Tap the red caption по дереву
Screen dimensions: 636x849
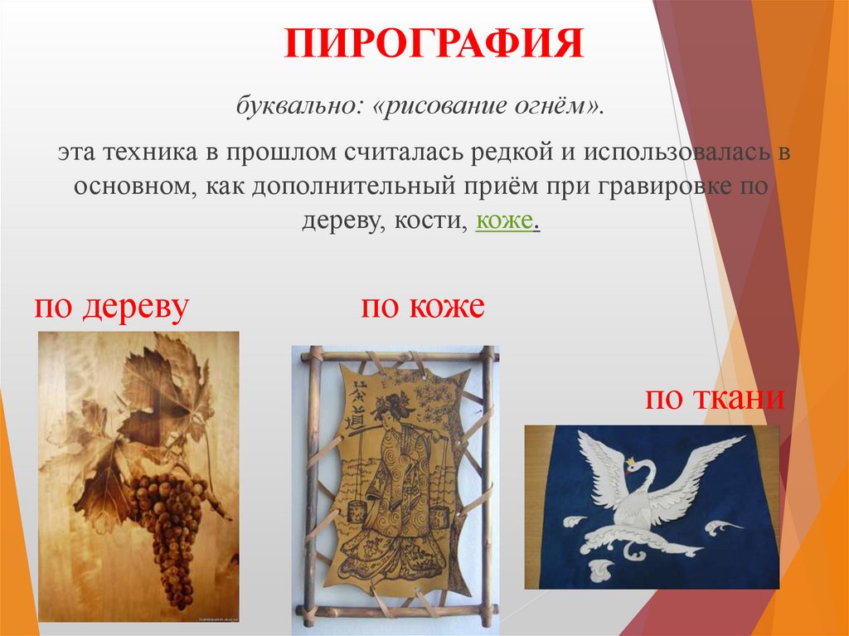click(x=112, y=308)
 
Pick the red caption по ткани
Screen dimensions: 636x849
click(x=715, y=399)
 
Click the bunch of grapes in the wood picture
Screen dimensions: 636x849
click(x=169, y=522)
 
